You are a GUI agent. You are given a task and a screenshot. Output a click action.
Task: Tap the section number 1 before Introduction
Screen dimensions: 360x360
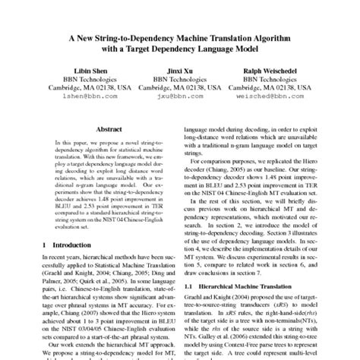point(46,245)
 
